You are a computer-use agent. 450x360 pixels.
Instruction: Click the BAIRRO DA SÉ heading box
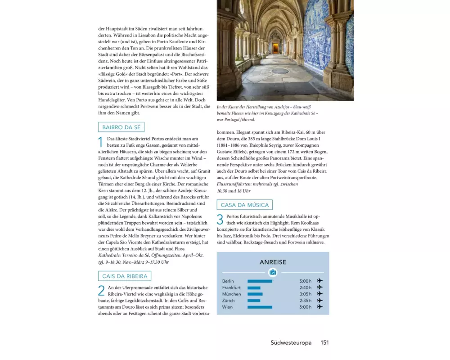coord(121,127)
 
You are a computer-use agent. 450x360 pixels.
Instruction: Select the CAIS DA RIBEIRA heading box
coord(125,276)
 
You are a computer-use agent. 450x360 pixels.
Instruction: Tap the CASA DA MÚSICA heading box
coord(245,205)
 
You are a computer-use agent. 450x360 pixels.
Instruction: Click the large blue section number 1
coord(101,143)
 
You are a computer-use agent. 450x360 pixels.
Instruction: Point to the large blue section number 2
coord(101,291)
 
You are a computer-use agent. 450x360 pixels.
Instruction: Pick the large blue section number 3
coord(220,220)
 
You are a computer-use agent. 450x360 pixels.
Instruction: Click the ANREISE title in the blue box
coord(273,262)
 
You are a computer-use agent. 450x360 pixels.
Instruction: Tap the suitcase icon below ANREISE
coord(273,272)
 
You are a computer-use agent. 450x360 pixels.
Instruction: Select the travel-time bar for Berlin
coord(260,281)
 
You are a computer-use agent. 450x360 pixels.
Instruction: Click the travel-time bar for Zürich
coord(254,301)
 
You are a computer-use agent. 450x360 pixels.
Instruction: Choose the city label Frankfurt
coord(231,288)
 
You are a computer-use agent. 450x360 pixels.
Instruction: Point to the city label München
coord(231,294)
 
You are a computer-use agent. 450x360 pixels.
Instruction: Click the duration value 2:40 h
coord(305,288)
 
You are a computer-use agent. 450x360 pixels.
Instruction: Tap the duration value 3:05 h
coord(305,294)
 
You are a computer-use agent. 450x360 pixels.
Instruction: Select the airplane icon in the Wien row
coord(320,307)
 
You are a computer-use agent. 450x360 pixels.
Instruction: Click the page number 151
coord(324,342)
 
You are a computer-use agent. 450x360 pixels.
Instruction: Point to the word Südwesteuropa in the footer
coord(291,342)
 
